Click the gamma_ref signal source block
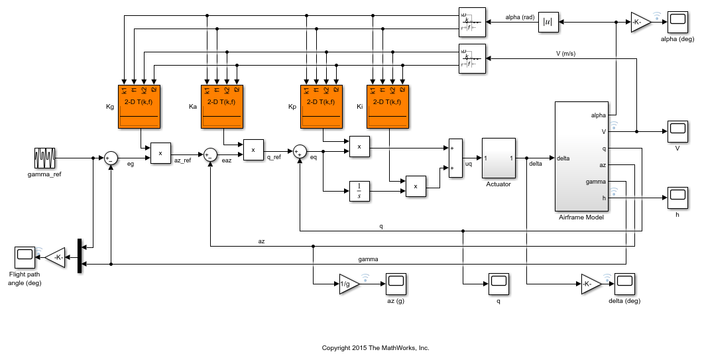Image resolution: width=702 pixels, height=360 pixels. [x=44, y=158]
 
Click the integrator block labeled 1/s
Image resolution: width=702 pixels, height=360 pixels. [x=358, y=191]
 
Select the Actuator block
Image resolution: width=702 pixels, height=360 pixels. [x=498, y=158]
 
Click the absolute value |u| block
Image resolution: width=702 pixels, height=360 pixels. [x=548, y=22]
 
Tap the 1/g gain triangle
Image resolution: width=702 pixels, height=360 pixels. [x=347, y=284]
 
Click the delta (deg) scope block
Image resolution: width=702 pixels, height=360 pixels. [x=624, y=284]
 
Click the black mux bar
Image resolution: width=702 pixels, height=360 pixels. [x=80, y=256]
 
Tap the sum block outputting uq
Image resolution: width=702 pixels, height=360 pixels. [x=455, y=158]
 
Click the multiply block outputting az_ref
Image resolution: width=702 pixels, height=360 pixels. [x=160, y=152]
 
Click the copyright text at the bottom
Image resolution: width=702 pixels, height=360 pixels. [x=375, y=347]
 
